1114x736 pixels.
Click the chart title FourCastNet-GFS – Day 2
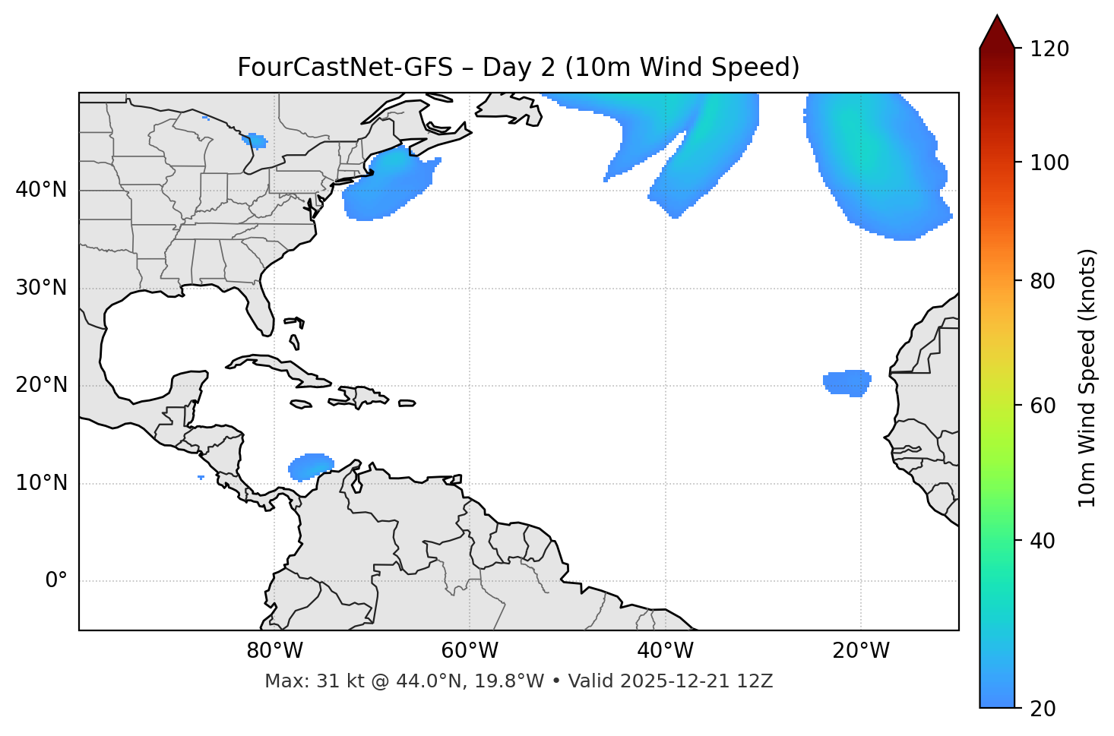click(x=518, y=68)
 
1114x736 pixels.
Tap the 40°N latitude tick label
click(x=41, y=190)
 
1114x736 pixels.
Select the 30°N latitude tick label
click(x=41, y=288)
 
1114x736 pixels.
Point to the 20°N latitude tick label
click(x=41, y=385)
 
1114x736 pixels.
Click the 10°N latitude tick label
click(x=41, y=483)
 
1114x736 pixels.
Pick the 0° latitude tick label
click(x=55, y=581)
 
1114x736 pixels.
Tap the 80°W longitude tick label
click(x=274, y=651)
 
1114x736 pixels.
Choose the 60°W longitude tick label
click(x=470, y=651)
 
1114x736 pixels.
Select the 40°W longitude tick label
click(x=665, y=651)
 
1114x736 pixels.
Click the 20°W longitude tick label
click(x=860, y=651)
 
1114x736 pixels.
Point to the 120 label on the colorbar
click(x=1051, y=49)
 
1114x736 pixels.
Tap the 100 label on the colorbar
click(x=1051, y=163)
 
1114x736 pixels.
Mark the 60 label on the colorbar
click(x=1046, y=406)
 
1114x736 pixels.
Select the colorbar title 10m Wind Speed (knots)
click(x=1087, y=378)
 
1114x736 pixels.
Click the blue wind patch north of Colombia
click(x=311, y=466)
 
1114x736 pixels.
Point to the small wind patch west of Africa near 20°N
click(x=847, y=382)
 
